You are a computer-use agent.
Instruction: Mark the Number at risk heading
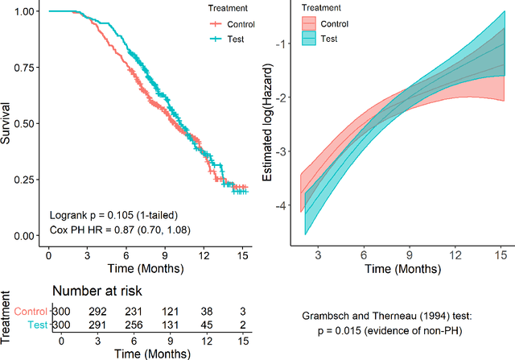coord(97,292)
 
